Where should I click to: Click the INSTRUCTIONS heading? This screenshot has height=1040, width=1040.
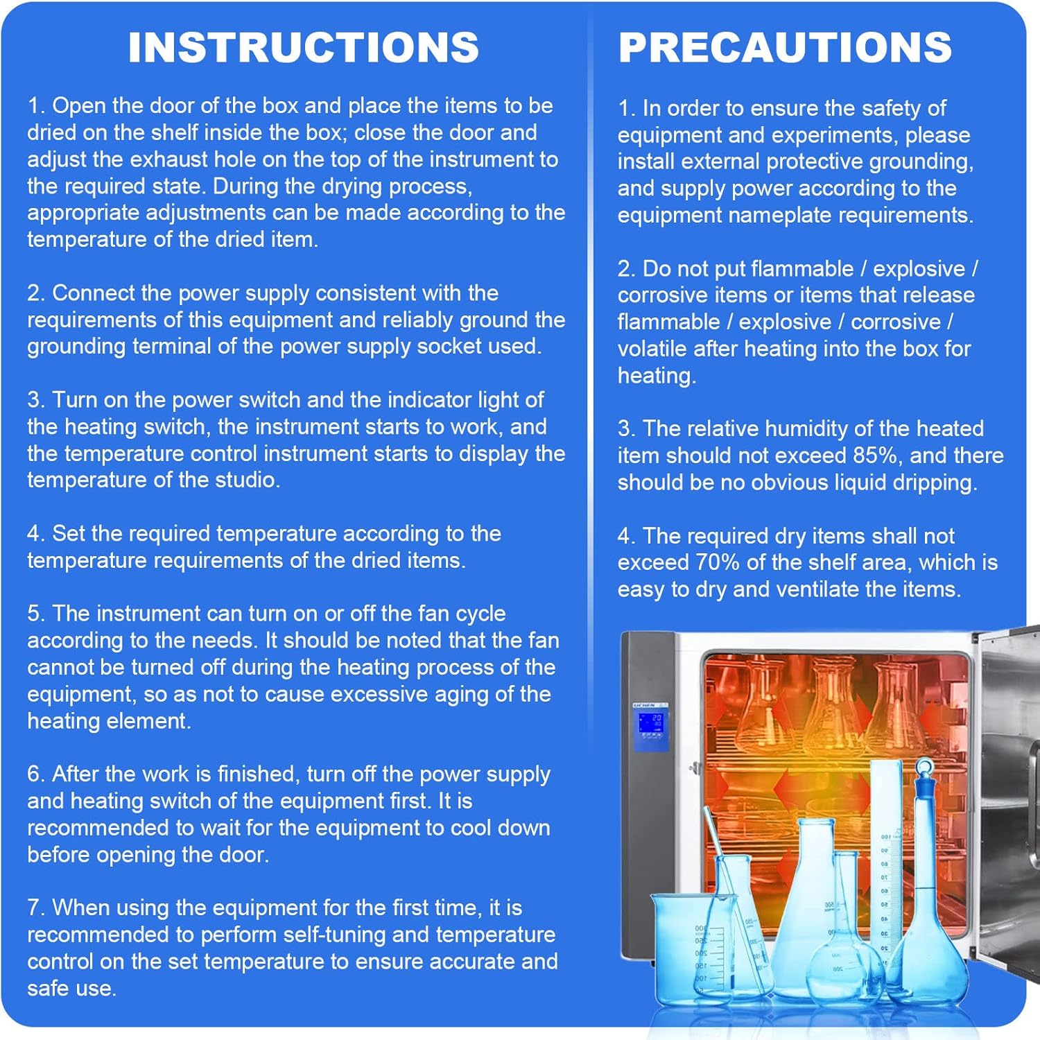click(304, 47)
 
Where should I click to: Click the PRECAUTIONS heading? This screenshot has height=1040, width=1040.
click(785, 47)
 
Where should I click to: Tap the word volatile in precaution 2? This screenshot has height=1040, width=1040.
click(652, 349)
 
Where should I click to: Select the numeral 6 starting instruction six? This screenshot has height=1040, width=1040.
click(34, 774)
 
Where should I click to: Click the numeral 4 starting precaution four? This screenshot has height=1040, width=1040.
click(625, 536)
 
